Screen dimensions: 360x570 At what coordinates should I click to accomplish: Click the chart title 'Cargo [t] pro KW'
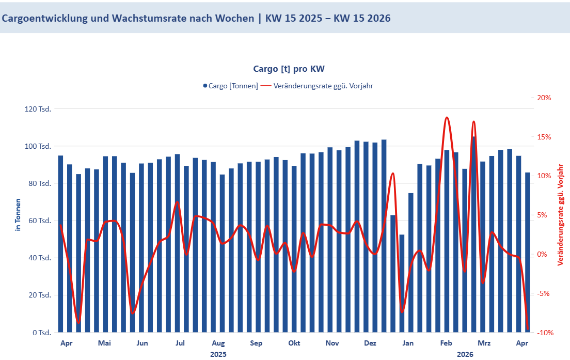(289, 69)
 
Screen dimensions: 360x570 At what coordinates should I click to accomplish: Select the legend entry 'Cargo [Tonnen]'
(230, 86)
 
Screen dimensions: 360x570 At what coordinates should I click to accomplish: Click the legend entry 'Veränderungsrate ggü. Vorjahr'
(316, 86)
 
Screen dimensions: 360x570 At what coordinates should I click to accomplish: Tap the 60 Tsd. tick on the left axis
(40, 221)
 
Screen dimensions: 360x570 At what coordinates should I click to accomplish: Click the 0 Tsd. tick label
(42, 333)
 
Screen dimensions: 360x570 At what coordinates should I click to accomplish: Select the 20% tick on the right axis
(544, 98)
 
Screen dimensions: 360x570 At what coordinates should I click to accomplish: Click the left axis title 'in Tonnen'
(18, 214)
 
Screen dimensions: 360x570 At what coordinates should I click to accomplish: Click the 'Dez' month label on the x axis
(370, 343)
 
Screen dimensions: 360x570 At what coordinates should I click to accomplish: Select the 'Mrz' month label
(484, 343)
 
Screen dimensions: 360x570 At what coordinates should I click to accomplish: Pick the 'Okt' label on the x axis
(294, 343)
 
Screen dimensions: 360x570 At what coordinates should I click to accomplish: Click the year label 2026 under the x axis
(465, 354)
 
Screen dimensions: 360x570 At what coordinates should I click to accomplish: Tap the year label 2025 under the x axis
(218, 354)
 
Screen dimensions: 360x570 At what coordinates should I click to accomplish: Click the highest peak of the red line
(447, 118)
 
